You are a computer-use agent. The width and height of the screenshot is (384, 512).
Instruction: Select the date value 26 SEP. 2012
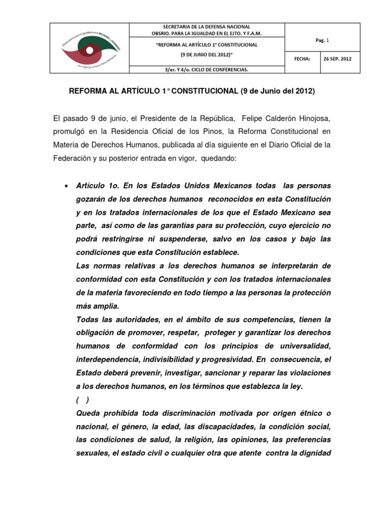pyautogui.click(x=337, y=58)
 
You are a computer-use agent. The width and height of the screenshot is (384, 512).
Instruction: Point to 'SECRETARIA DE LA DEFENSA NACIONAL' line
pyautogui.click(x=206, y=26)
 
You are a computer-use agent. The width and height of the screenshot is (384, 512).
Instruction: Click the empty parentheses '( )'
pyautogui.click(x=83, y=399)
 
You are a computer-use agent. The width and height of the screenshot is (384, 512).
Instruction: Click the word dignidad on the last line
pyautogui.click(x=314, y=453)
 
